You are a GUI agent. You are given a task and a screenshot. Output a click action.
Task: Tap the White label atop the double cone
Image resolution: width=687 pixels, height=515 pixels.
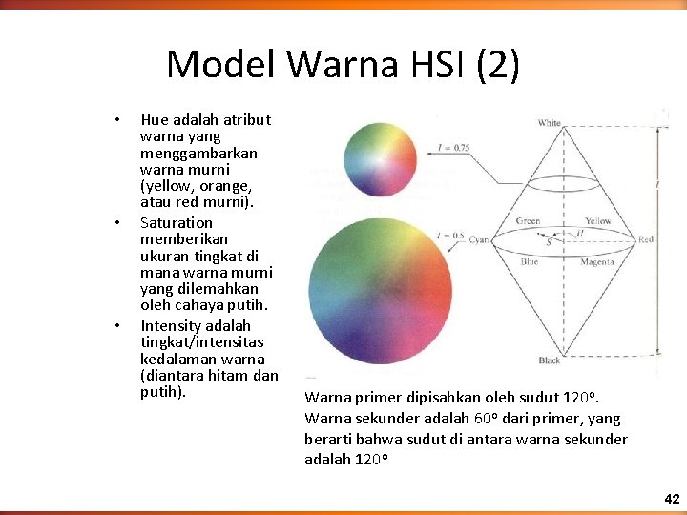point(549,123)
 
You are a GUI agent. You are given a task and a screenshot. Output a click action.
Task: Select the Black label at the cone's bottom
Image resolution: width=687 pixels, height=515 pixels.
point(549,360)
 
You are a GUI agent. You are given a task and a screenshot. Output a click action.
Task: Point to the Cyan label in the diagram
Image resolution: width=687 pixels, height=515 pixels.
point(479,240)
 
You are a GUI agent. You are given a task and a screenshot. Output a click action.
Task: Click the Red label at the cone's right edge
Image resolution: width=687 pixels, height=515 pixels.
point(646,240)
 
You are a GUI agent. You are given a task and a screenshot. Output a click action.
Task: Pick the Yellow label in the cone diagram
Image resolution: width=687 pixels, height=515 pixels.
point(597,221)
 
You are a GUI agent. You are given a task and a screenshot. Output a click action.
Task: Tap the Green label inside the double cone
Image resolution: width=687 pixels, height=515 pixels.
point(528,221)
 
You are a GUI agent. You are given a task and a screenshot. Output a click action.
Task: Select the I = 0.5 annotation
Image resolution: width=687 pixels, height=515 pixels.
point(450,235)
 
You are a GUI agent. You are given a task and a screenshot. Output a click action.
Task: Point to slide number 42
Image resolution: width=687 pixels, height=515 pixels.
point(672,499)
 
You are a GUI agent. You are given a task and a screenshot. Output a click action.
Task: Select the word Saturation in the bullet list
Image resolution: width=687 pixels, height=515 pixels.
point(177,223)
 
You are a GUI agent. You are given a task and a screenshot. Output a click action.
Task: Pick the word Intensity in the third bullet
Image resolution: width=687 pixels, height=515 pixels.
point(168,326)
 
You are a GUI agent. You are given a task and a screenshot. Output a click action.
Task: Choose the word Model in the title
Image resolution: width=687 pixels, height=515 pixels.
point(221,65)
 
